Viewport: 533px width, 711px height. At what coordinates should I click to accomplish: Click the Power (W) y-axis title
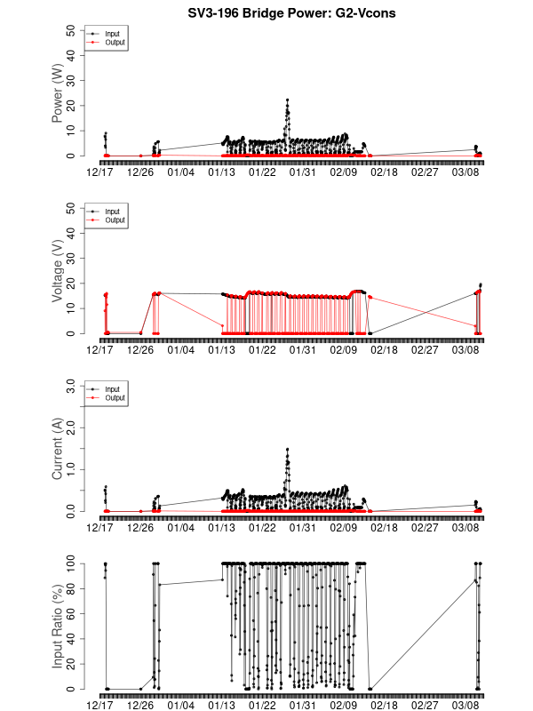[58, 93]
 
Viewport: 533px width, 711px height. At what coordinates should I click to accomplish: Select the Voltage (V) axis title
[58, 271]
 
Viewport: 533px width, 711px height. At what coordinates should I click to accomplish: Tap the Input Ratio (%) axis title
[58, 627]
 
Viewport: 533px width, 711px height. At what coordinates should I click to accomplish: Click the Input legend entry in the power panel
[111, 34]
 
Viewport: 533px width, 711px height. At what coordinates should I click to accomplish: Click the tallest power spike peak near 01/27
[287, 100]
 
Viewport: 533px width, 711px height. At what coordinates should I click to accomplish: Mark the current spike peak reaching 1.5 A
[287, 450]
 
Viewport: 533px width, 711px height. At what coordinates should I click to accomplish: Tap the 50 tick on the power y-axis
[70, 30]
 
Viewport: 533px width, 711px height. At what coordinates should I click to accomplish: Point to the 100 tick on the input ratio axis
[70, 563]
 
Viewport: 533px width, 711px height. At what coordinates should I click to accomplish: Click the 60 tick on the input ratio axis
[70, 614]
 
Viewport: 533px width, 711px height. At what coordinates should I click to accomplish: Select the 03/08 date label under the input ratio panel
[465, 704]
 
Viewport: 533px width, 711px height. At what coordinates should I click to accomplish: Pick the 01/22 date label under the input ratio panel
[262, 704]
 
